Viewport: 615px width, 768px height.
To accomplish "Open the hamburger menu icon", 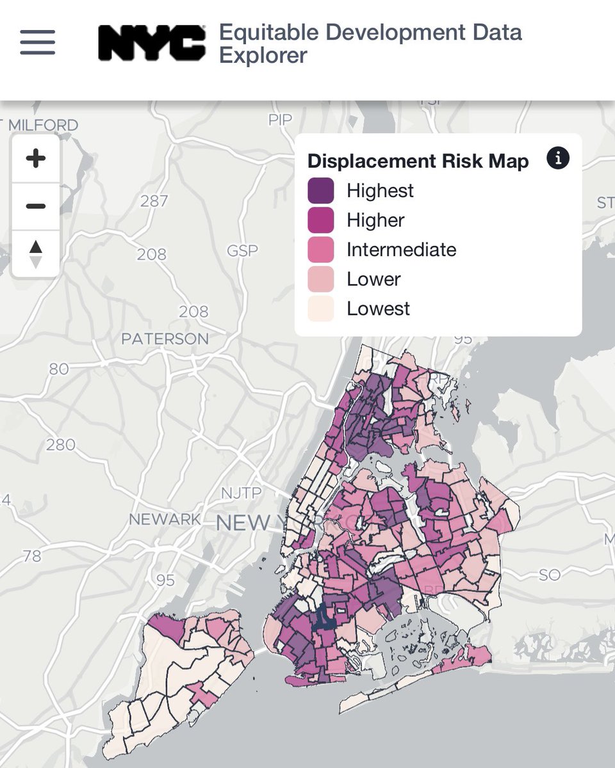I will click(37, 43).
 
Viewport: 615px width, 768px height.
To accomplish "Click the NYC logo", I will click(152, 43).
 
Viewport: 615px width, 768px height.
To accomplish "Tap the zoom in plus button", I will click(36, 158).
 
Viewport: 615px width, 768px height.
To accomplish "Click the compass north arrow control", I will click(36, 253).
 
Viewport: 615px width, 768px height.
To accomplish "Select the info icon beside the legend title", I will click(557, 158).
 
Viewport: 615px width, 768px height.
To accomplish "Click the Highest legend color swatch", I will click(320, 191).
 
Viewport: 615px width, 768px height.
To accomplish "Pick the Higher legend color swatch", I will click(320, 220).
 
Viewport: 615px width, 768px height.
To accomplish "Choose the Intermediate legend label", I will click(401, 250).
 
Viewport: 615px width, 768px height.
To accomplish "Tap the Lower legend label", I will click(373, 279).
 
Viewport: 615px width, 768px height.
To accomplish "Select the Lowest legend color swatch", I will click(320, 308).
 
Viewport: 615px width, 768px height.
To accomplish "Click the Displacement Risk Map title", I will click(418, 161).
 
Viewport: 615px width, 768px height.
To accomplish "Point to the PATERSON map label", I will click(165, 339).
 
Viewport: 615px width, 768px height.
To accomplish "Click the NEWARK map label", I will click(165, 519).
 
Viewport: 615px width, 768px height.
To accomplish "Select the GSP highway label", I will click(242, 250).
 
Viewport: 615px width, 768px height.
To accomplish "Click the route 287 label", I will click(154, 201).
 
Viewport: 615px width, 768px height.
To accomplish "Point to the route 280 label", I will click(61, 444).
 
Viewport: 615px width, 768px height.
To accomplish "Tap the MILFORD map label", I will click(43, 125).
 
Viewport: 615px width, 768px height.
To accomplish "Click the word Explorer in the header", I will click(263, 56).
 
